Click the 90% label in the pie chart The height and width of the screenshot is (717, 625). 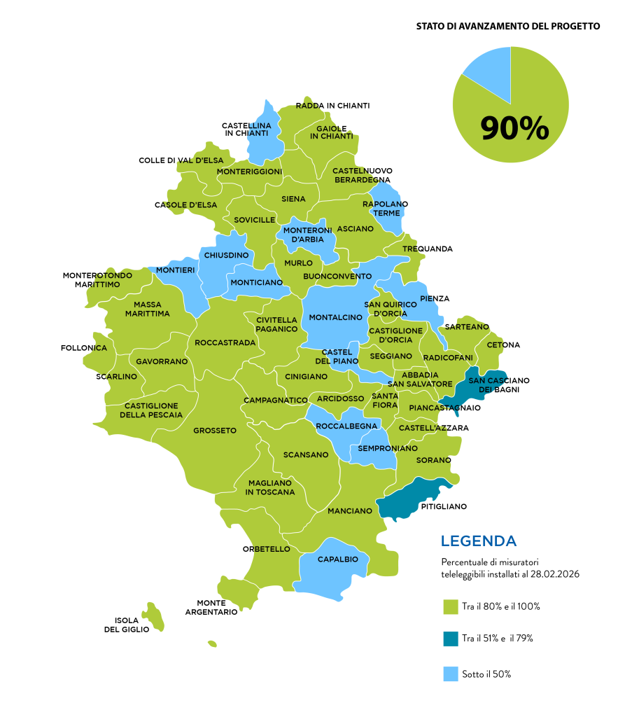[x=514, y=129]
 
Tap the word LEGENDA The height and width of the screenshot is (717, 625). [x=479, y=541]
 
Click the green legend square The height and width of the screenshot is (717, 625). [x=451, y=607]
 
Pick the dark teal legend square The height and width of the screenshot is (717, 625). [x=451, y=639]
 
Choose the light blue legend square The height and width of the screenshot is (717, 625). [x=451, y=674]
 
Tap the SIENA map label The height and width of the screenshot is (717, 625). [x=293, y=199]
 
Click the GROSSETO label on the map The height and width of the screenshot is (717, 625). [x=215, y=431]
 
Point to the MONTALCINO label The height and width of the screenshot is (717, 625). [x=336, y=317]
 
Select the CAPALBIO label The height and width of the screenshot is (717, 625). [x=337, y=559]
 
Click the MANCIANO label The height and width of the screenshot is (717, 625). [x=350, y=511]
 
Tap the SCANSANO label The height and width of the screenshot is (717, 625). [x=306, y=455]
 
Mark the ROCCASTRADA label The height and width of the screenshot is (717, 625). [x=225, y=343]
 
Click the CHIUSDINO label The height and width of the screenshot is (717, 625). [x=226, y=256]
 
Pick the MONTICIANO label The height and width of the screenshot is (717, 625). [x=257, y=282]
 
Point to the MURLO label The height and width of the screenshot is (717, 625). [x=298, y=263]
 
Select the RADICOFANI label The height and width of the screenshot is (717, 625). [x=448, y=358]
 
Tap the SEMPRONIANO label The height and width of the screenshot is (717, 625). [x=388, y=448]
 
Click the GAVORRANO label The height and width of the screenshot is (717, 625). [x=162, y=362]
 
